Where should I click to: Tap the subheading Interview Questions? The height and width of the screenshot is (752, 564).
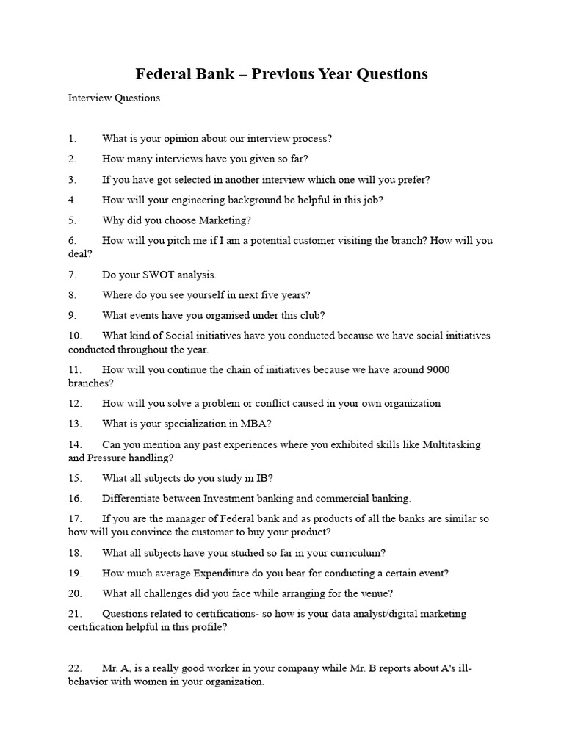114,98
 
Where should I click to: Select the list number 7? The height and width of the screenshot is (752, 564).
72,275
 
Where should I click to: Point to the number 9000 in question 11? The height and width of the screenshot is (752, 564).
435,370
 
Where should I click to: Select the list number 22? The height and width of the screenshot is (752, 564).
74,669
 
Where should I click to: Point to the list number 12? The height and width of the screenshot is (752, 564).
74,403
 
